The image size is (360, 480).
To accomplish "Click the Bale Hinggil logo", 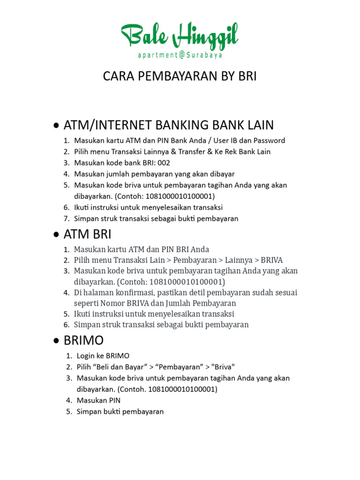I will tap(180, 36).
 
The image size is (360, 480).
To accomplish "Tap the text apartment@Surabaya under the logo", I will tap(180, 55).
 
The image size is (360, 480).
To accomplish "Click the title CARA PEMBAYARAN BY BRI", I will tap(180, 76).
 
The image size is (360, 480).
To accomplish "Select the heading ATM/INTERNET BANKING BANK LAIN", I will tap(169, 125).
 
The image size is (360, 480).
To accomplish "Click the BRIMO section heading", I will tap(84, 340).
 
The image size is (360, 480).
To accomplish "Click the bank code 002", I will tap(164, 163).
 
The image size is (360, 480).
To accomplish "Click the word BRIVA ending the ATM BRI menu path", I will tap(272, 260).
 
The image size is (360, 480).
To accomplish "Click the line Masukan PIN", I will tap(98, 400).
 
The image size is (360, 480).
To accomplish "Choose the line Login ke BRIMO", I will tap(103, 355).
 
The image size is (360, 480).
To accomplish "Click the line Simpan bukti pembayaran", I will tap(120, 412).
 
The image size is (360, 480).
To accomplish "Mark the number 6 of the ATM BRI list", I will tap(67, 325).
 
